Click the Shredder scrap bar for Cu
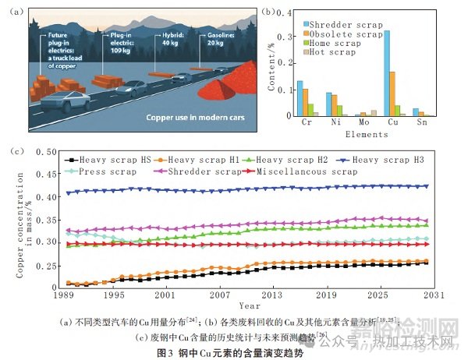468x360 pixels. (x=388, y=73)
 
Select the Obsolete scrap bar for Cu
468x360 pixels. (x=393, y=94)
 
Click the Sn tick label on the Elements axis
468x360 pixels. (x=420, y=123)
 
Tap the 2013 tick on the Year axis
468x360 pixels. (x=272, y=297)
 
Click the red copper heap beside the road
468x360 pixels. (x=235, y=84)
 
